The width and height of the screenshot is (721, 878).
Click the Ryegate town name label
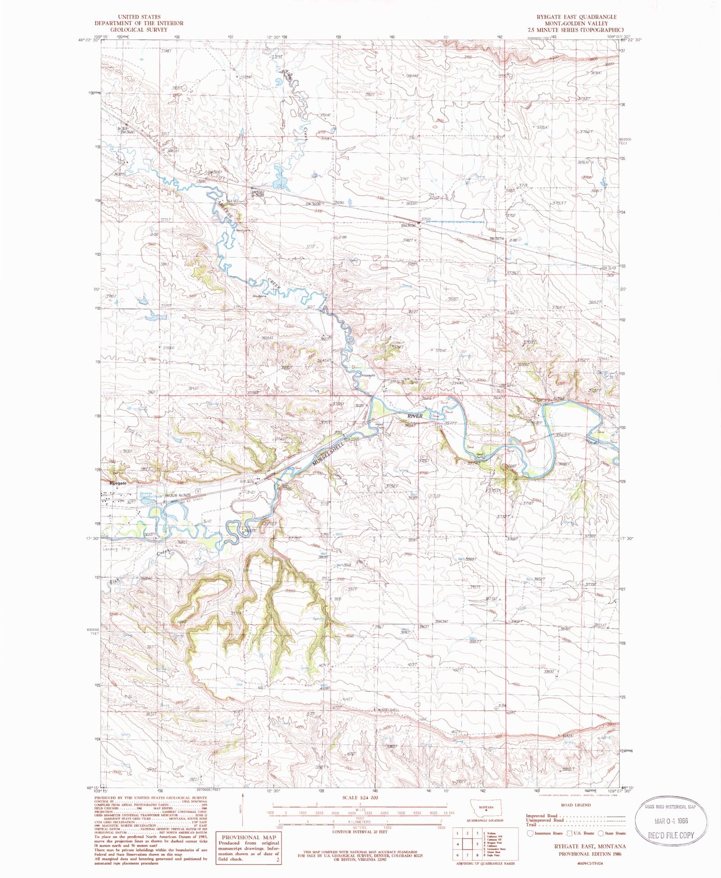pos(118,483)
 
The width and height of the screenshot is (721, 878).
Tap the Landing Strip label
pos(116,549)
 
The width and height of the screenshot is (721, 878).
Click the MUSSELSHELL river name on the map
pos(328,453)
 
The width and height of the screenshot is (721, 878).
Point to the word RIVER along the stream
pos(415,416)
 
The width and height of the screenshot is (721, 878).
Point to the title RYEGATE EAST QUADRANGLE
pos(576,17)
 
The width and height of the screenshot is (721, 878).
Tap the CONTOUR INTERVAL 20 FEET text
pos(360,832)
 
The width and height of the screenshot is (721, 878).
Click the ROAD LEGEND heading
pos(576,805)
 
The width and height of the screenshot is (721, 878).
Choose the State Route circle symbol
pos(601,833)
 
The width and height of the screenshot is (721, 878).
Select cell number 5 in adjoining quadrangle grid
pos(477,844)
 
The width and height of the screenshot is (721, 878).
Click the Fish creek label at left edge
pos(115,582)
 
